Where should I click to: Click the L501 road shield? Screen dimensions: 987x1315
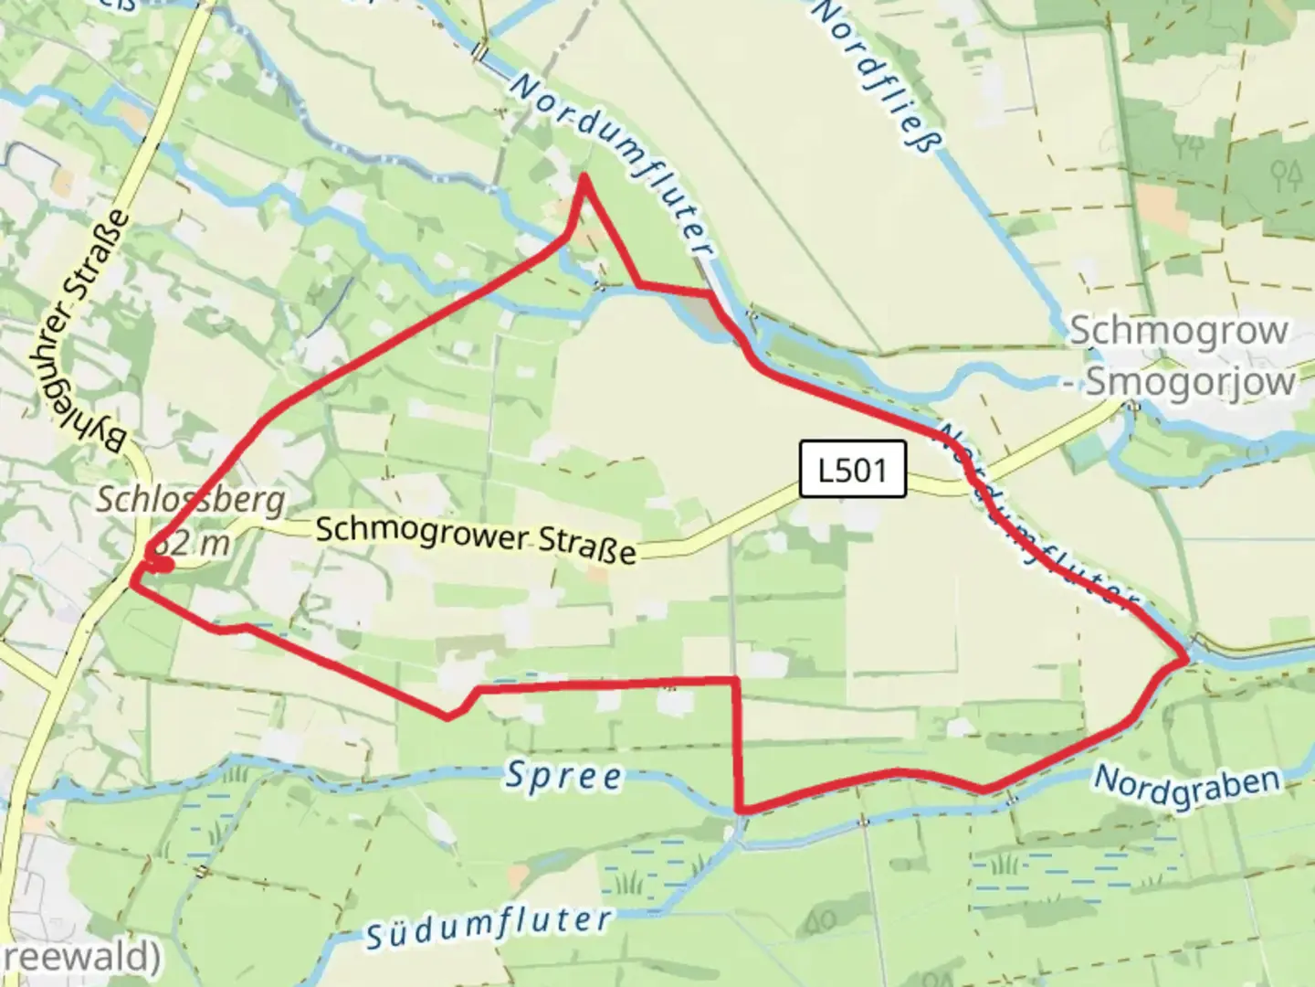tap(852, 471)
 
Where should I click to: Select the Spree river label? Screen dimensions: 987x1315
tap(563, 777)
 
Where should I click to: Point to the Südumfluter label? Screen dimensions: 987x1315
tap(488, 928)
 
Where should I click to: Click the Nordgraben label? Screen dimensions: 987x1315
tap(1186, 786)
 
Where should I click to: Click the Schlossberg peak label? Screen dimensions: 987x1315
tap(190, 500)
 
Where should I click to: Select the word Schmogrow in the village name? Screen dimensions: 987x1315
tap(1178, 331)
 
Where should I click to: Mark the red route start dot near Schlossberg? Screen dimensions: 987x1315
tap(162, 566)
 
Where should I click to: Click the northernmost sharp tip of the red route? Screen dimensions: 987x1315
tap(584, 177)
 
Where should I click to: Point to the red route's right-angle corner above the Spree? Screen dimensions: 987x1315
tap(736, 680)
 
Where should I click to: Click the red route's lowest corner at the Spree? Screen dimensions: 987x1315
tap(742, 810)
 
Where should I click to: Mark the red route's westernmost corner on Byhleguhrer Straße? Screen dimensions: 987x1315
tap(133, 582)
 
